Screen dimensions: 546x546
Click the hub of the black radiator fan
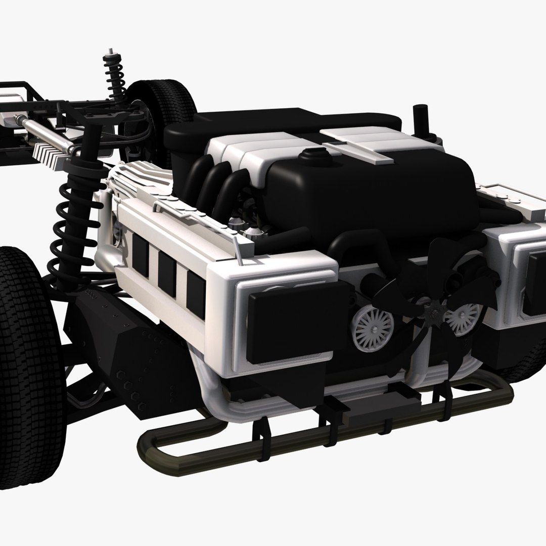433,315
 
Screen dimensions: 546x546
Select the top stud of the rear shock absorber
108,53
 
